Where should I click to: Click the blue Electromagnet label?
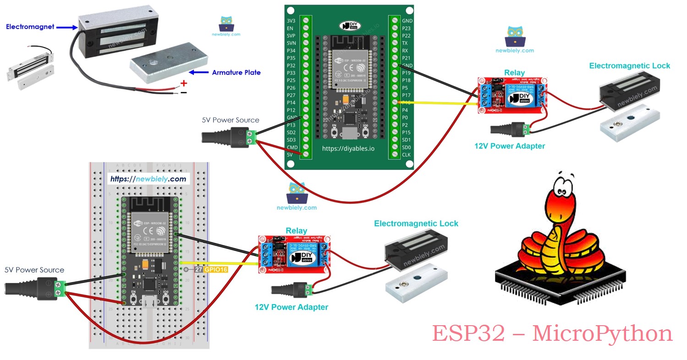pos(30,27)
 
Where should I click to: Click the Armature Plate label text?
pos(236,72)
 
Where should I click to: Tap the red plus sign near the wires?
pos(184,83)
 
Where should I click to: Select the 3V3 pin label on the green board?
pos(291,21)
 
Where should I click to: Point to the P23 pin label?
pos(406,28)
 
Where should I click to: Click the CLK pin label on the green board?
pos(406,155)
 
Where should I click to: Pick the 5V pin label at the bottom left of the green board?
pos(290,155)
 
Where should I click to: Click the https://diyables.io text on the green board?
pos(348,148)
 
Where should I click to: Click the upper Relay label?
pos(514,73)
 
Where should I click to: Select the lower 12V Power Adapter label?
pos(291,307)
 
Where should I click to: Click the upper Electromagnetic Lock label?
pos(629,66)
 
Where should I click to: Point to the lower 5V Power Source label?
pos(34,270)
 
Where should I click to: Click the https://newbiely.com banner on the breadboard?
pos(148,179)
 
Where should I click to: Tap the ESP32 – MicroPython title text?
pos(552,333)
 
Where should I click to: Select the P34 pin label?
pos(291,51)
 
